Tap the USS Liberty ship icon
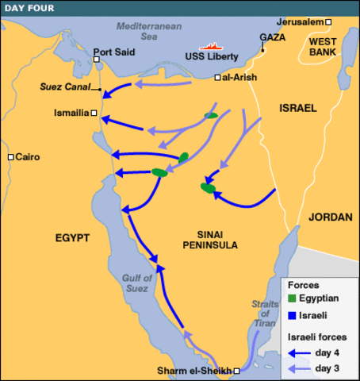pos(209,47)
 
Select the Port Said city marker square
pos(96,59)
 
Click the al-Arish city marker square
pos(218,77)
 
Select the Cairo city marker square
pos(10,157)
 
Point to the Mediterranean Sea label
pos(143,31)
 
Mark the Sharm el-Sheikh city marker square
pos(236,371)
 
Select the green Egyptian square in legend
pos(292,298)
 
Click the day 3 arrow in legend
pos(299,368)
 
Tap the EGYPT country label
pos(72,237)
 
